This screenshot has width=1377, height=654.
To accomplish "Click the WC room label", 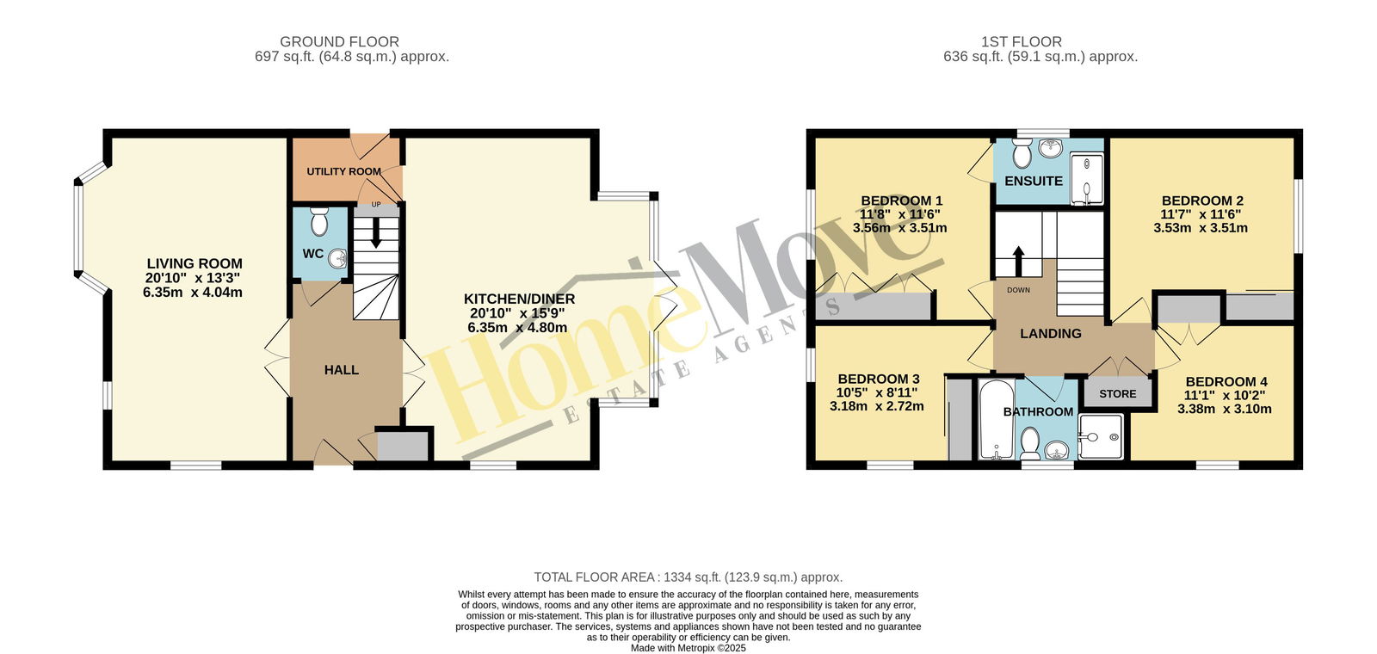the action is [x=313, y=254].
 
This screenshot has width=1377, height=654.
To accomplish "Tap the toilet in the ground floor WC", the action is [x=319, y=222].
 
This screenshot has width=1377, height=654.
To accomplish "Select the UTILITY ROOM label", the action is [x=343, y=171].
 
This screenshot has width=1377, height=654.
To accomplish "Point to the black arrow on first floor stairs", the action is [x=1019, y=261].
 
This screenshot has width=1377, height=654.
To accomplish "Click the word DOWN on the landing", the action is [x=1019, y=290].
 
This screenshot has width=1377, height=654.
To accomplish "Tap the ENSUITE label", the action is [x=1034, y=181].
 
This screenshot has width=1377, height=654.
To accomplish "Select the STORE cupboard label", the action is [x=1118, y=394].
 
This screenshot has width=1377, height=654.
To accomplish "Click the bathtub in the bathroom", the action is [x=997, y=420].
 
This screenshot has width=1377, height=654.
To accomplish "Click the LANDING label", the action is [x=1051, y=334].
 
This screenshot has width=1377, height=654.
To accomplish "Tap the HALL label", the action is [x=341, y=370].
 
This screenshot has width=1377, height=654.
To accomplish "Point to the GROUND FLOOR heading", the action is [x=339, y=42].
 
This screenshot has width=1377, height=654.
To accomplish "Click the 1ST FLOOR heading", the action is [x=1021, y=42].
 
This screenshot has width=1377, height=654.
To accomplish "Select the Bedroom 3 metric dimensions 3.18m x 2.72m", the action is [x=877, y=406].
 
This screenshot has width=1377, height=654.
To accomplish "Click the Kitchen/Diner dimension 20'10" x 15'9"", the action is [x=517, y=313].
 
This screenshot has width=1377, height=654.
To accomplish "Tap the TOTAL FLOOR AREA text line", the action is [x=688, y=577].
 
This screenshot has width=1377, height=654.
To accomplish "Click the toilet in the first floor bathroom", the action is [x=1029, y=443].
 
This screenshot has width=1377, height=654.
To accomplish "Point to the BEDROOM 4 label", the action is [x=1226, y=382].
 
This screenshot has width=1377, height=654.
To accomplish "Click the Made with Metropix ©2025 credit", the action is [x=688, y=648].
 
